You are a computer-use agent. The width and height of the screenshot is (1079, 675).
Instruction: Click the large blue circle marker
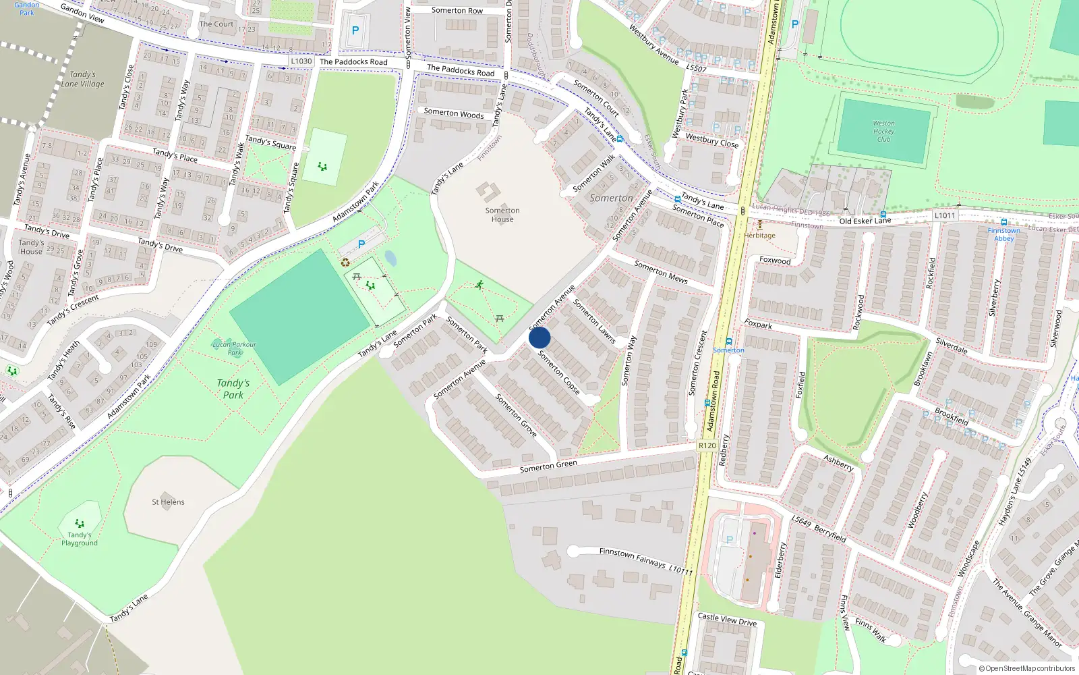[x=539, y=337]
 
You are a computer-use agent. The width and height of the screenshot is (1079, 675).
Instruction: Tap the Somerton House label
[x=502, y=215]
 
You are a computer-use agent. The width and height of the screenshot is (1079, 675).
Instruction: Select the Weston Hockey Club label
[x=883, y=131]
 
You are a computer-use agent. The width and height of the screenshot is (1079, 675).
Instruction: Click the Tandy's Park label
[x=233, y=389]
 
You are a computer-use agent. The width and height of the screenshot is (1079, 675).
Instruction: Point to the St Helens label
[x=168, y=502]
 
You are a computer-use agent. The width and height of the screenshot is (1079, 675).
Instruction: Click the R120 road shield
[x=707, y=446]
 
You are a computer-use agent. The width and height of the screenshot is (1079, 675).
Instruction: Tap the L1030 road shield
[x=301, y=61]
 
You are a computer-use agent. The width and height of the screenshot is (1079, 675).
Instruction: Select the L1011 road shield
[x=945, y=215]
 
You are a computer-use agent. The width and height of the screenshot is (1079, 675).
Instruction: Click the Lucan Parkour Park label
[x=234, y=348]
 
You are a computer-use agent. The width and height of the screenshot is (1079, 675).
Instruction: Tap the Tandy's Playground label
[x=80, y=539]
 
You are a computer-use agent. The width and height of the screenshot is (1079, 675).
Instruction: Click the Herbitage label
[x=760, y=236]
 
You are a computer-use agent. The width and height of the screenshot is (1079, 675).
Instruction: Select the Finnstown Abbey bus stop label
[x=1003, y=234]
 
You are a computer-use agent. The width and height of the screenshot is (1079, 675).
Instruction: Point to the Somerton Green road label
[x=548, y=466]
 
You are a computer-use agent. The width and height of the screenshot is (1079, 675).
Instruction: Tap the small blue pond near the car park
[x=390, y=259]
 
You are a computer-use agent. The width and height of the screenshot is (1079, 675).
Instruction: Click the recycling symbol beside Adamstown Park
[x=345, y=263]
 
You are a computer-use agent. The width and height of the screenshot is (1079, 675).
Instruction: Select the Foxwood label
[x=775, y=261]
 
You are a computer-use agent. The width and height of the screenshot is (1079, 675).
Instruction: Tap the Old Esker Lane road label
[x=865, y=221]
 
